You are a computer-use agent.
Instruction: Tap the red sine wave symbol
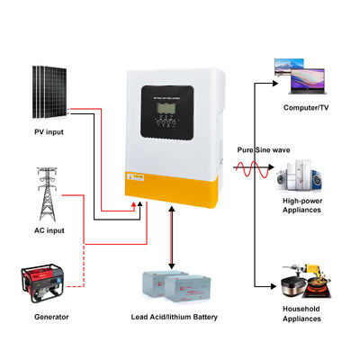(x=245, y=167)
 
